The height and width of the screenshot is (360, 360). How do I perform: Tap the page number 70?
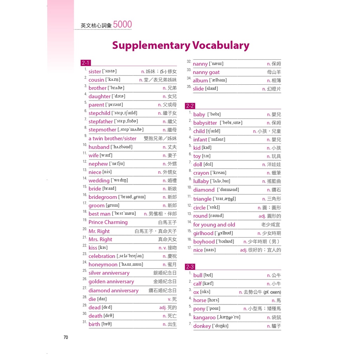66,337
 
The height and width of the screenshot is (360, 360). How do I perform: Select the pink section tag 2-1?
85,63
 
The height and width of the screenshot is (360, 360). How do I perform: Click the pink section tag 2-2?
190,106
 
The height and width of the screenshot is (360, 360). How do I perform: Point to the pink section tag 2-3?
190,267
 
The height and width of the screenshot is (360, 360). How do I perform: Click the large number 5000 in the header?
122,25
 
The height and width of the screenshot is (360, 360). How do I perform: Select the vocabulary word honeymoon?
103,265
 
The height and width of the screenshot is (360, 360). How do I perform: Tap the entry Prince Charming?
108,222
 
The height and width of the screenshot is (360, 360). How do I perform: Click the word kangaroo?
204,317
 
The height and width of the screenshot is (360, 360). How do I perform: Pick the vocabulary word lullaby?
201,181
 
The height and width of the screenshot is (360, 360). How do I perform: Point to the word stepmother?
102,130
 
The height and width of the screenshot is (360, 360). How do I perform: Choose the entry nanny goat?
206,72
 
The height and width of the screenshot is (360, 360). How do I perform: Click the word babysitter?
205,123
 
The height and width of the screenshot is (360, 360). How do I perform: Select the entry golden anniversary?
111,282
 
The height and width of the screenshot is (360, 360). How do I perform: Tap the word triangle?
202,199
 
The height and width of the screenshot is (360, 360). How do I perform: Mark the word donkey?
202,326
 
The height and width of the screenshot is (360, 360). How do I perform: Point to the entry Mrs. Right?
100,239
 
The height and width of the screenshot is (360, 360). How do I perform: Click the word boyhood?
204,242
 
